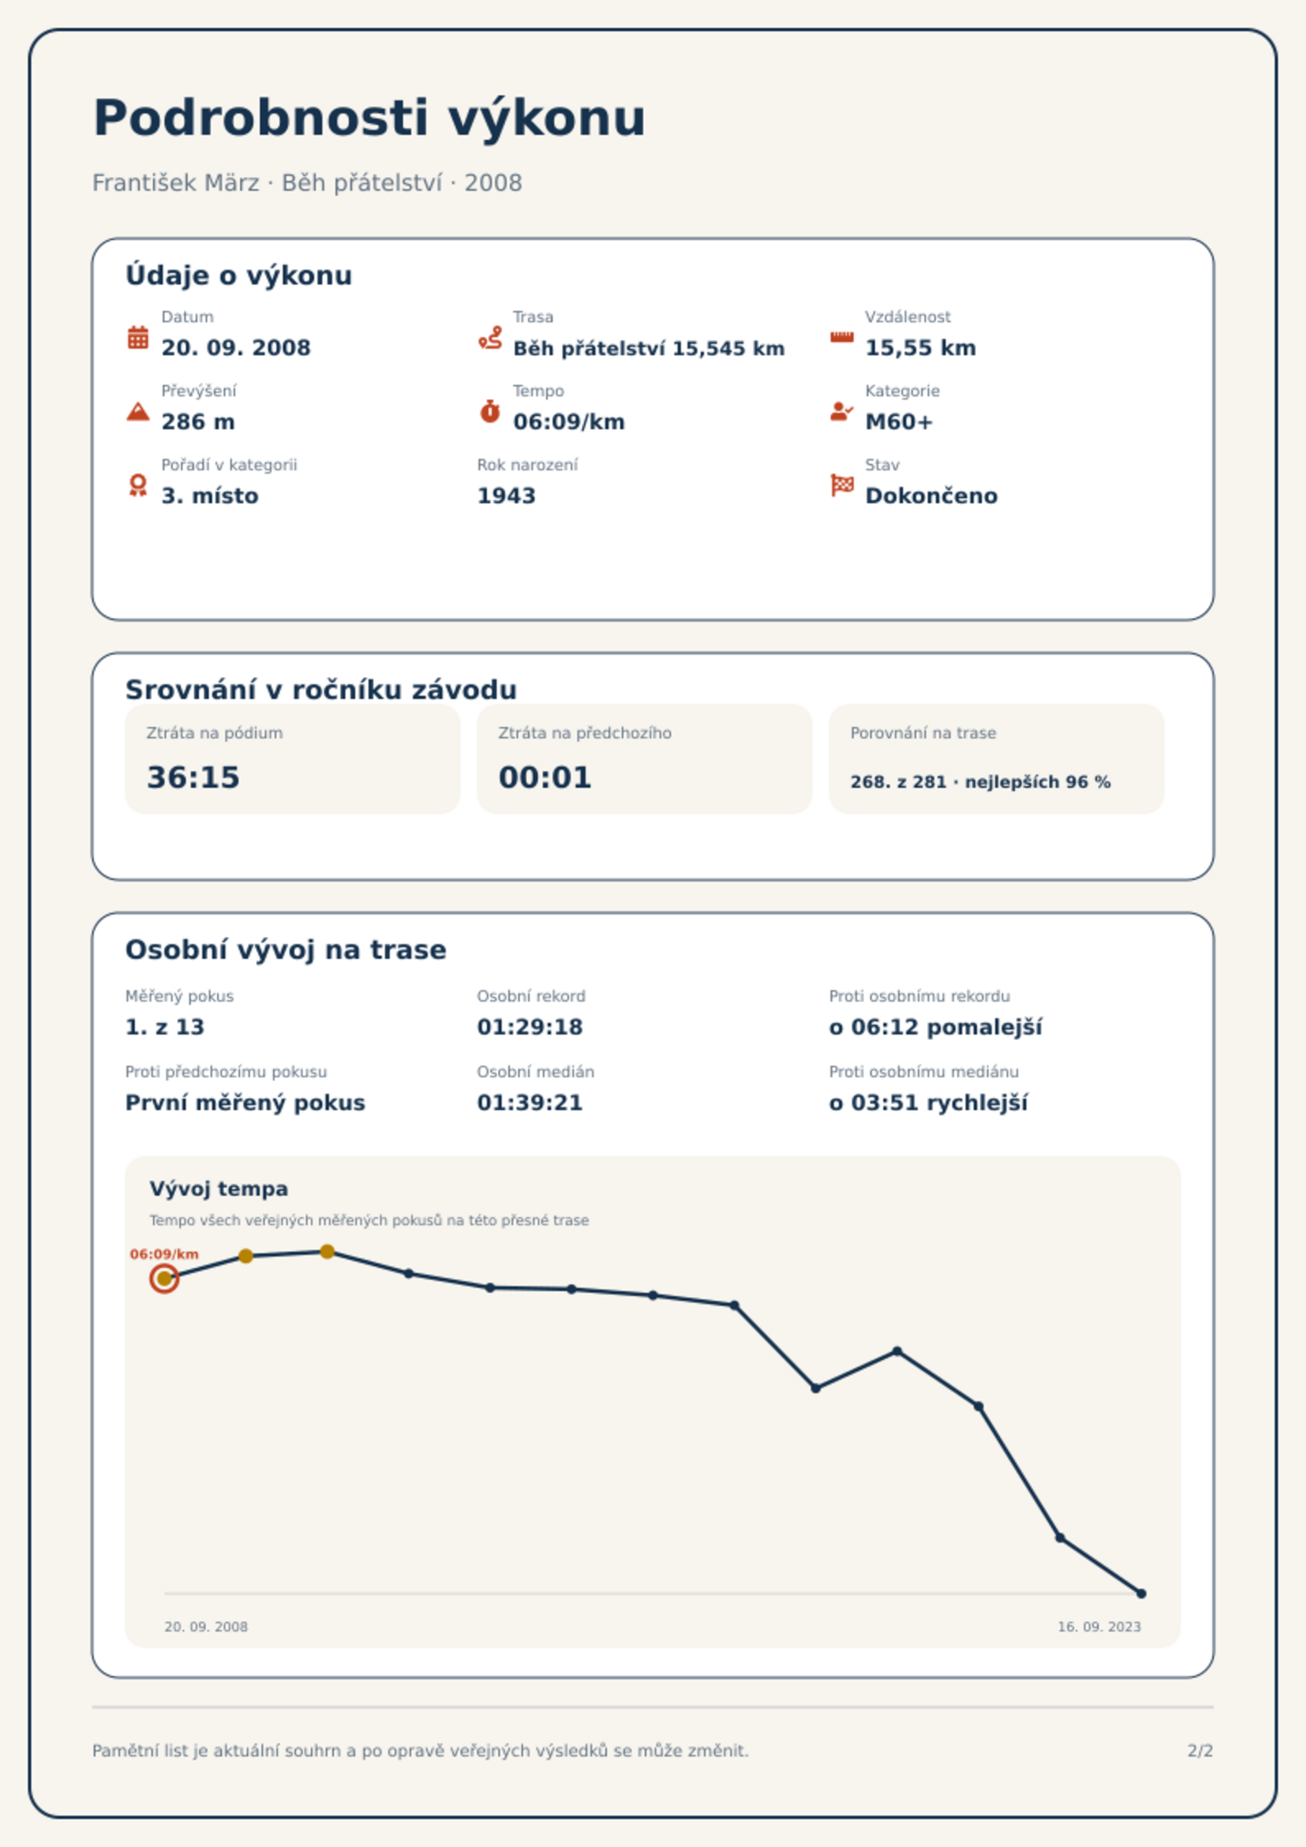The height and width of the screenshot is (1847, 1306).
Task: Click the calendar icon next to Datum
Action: pyautogui.click(x=138, y=337)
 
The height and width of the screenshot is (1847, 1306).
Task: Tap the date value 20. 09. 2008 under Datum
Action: pyautogui.click(x=236, y=348)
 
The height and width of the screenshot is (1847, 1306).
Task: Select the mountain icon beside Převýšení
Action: pyautogui.click(x=138, y=411)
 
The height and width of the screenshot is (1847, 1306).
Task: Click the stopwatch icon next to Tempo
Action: pyautogui.click(x=490, y=411)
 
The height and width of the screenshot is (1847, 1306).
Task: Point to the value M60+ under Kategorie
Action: pyautogui.click(x=899, y=422)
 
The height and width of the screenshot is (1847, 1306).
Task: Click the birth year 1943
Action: pyautogui.click(x=506, y=496)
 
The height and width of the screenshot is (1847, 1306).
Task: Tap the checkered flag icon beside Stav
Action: pyautogui.click(x=842, y=485)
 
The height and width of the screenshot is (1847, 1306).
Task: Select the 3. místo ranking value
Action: pyautogui.click(x=210, y=496)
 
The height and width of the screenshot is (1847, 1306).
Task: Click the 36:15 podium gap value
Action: pyautogui.click(x=193, y=777)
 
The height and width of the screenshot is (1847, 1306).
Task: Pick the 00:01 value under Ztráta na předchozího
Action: pyautogui.click(x=545, y=777)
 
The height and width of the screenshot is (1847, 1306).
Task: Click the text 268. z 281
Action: pyautogui.click(x=899, y=782)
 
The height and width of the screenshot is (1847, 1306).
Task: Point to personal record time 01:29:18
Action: pyautogui.click(x=530, y=1027)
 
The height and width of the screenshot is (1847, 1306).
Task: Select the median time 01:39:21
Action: pyautogui.click(x=530, y=1103)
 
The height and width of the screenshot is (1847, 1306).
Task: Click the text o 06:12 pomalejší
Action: pyautogui.click(x=935, y=1027)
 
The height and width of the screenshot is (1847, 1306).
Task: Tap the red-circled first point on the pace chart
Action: pyautogui.click(x=164, y=1278)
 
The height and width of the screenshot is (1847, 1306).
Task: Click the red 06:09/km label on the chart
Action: pyautogui.click(x=164, y=1254)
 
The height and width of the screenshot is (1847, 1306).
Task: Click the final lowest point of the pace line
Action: pyautogui.click(x=1141, y=1594)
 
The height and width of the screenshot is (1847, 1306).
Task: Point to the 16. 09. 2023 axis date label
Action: pyautogui.click(x=1099, y=1627)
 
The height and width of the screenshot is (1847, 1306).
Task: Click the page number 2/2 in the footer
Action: pyautogui.click(x=1200, y=1751)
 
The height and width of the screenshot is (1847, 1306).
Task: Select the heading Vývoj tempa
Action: pyautogui.click(x=219, y=1189)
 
